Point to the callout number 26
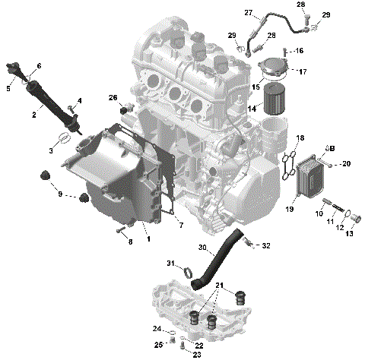coord(113,98)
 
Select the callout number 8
coord(130,242)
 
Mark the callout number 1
coord(148,239)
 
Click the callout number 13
coord(350,234)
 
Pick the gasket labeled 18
coord(288,166)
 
